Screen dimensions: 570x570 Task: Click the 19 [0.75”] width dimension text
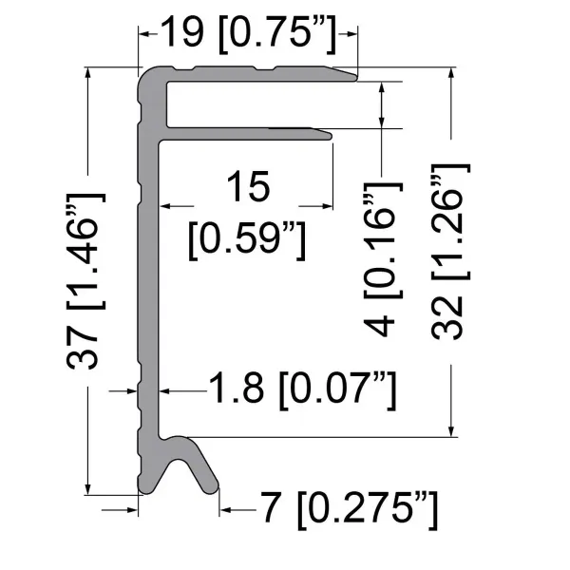(x=249, y=34)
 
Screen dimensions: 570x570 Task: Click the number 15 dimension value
(x=248, y=186)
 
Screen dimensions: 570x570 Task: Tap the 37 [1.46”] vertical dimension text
(x=87, y=285)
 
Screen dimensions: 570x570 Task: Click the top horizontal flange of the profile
(x=256, y=74)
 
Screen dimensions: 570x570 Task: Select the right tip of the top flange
(x=355, y=75)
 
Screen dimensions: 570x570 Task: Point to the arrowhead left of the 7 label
(x=226, y=511)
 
